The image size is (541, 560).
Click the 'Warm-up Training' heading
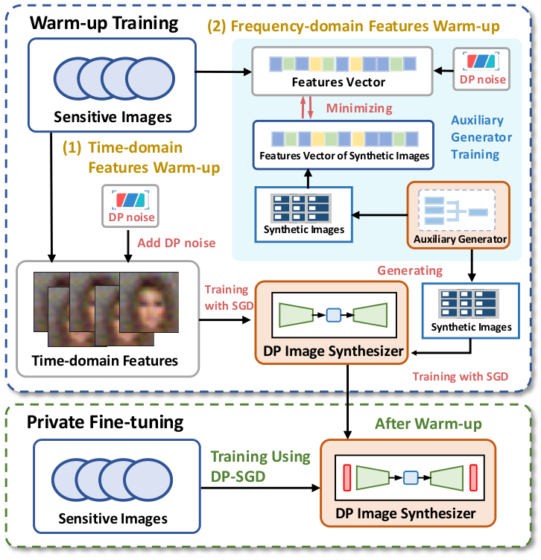pyautogui.click(x=104, y=22)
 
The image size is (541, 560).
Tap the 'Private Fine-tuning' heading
pyautogui.click(x=105, y=423)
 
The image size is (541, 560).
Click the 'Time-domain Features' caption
pyautogui.click(x=104, y=361)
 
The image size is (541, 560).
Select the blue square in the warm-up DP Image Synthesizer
pyautogui.click(x=333, y=315)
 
